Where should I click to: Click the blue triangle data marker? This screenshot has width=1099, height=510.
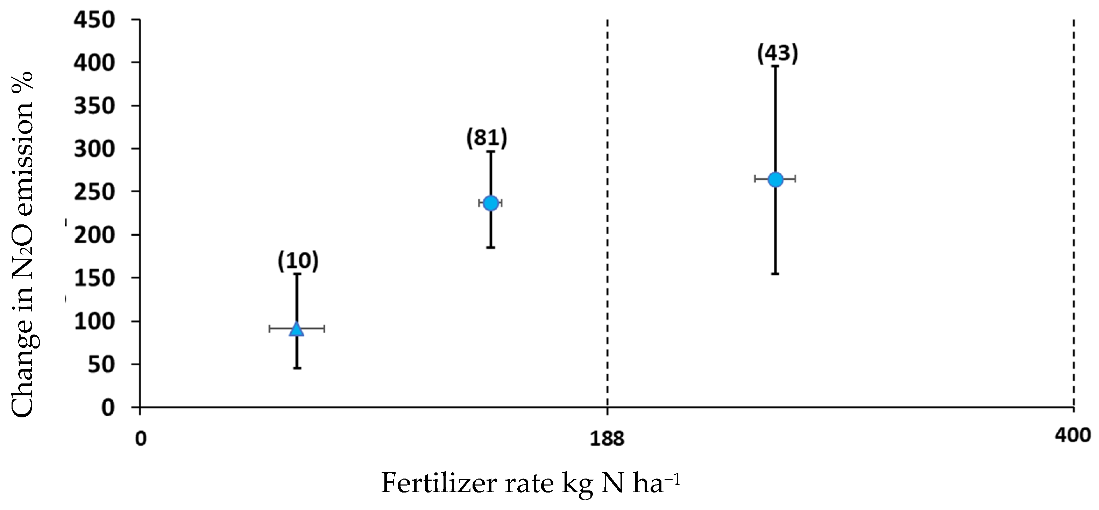click(297, 329)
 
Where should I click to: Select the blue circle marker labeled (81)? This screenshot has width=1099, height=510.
click(491, 203)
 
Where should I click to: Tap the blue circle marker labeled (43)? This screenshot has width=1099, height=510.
click(775, 180)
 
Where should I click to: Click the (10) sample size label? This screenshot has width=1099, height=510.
click(298, 261)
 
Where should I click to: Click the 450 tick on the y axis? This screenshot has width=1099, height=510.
click(95, 20)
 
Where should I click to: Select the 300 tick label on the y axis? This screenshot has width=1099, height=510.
click(95, 149)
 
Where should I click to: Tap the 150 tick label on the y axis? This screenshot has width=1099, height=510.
click(95, 279)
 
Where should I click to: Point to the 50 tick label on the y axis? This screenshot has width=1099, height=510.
click(101, 365)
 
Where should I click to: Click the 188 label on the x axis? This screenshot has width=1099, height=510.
click(607, 439)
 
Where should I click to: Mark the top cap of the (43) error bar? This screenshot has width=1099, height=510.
click(775, 66)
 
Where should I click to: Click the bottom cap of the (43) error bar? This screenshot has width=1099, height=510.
click(775, 274)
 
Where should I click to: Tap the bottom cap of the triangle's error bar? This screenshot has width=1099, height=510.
click(297, 368)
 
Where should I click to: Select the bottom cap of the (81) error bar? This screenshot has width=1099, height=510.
click(491, 247)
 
